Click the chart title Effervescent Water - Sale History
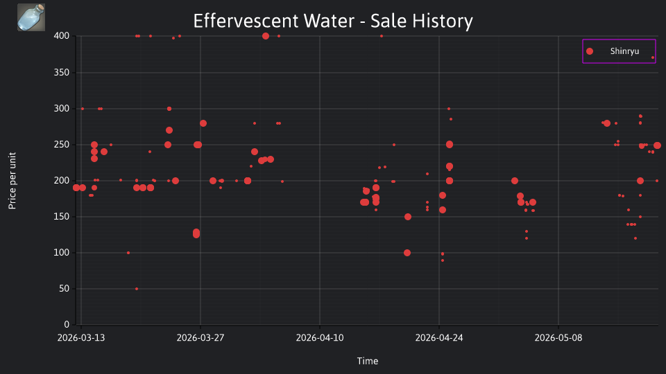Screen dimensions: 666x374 (x=333, y=21)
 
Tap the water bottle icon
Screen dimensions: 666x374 (x=31, y=17)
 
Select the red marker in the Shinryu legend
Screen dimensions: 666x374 (x=590, y=51)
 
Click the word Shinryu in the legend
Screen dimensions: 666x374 (x=624, y=51)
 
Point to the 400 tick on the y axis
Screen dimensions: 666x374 (x=62, y=36)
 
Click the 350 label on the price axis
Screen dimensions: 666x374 (x=62, y=73)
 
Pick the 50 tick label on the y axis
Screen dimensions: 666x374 (x=64, y=289)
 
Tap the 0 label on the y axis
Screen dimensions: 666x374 (x=67, y=325)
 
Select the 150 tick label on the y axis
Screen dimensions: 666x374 (x=62, y=217)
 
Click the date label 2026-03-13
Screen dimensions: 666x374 (x=81, y=338)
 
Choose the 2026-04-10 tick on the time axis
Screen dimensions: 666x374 (x=320, y=338)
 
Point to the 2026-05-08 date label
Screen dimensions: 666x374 (x=558, y=338)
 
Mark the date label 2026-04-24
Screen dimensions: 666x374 (x=439, y=338)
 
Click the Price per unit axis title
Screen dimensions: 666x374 (x=12, y=181)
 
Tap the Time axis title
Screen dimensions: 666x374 (x=368, y=361)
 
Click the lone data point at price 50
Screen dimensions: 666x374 (x=137, y=289)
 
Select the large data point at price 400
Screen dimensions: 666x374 (x=266, y=36)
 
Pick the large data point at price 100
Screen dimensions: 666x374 (x=407, y=253)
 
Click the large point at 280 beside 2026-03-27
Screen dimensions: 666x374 (x=203, y=123)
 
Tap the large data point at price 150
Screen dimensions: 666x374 (x=408, y=217)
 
